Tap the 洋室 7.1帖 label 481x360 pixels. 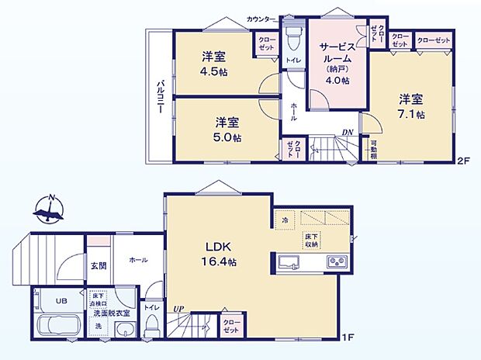click(412, 106)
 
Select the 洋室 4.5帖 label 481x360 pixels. click(212, 63)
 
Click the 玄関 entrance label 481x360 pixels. click(97, 265)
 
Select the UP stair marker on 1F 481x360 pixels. click(179, 309)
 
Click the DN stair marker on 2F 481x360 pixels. click(348, 133)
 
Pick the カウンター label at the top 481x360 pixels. click(261, 18)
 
